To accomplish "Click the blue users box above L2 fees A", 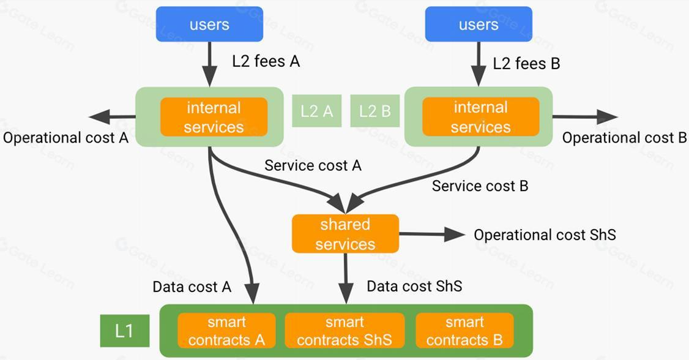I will coord(209,24).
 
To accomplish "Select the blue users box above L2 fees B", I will coord(479,24).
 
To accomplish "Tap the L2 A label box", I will coord(316,111).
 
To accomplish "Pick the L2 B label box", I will coord(374,111).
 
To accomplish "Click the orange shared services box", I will coord(345,234).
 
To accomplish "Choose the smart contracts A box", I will coord(226,331).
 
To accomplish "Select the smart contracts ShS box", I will coord(344,331).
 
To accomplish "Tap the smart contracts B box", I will coord(464,331).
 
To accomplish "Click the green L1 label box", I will coord(124,331).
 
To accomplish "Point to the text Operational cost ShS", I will coord(545,235).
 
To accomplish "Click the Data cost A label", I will coord(192,287).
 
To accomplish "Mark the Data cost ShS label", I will coord(414,286).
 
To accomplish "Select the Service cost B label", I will coord(480,186).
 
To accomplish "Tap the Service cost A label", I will coord(313,165).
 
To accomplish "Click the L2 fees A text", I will coord(266,62).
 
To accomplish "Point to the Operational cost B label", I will coord(624,138).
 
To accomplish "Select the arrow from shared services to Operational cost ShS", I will coord(432,234).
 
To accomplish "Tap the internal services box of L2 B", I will coord(480,118).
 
